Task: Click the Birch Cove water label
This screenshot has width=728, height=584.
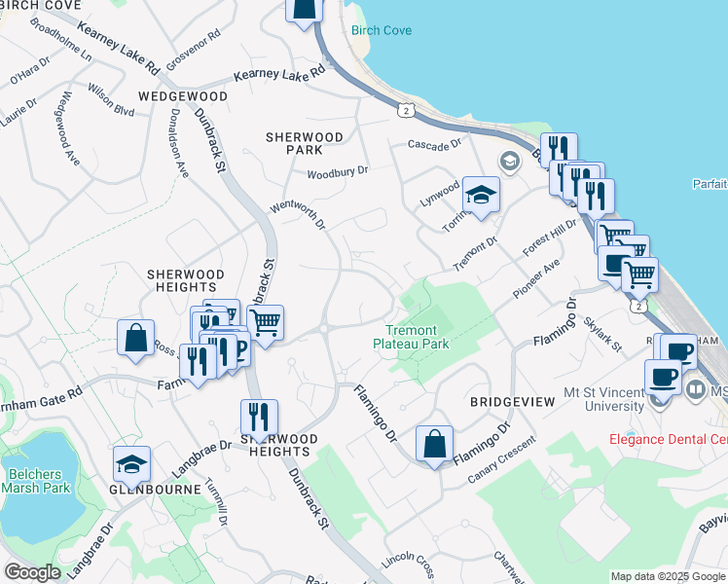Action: (382, 31)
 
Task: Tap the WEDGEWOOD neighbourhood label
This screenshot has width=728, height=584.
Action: (183, 97)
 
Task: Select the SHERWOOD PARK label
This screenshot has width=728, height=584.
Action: (305, 144)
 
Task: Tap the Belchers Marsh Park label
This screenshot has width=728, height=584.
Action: (35, 481)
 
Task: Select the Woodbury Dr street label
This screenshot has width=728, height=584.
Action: (338, 172)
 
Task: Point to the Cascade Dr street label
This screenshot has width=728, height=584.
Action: (434, 145)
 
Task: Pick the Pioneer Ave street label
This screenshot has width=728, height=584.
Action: (537, 279)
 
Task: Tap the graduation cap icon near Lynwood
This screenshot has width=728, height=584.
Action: (480, 196)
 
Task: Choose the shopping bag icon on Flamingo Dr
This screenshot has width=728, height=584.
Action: (434, 443)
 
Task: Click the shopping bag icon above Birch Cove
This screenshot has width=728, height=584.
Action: (305, 8)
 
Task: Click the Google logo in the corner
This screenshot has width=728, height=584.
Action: (32, 572)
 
